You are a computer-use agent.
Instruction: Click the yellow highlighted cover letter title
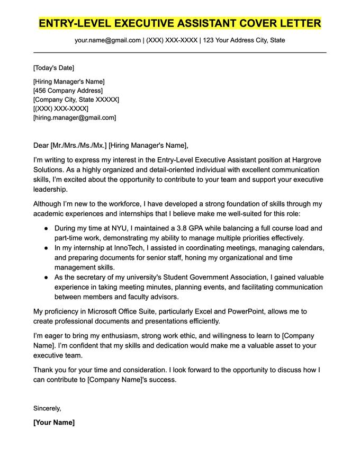click(180, 23)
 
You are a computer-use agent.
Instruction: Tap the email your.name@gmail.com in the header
click(108, 40)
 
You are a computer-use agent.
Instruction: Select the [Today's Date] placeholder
click(53, 68)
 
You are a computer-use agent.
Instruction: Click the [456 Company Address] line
click(68, 91)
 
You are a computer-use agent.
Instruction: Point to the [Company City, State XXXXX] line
click(76, 100)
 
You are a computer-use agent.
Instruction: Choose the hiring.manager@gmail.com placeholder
click(75, 118)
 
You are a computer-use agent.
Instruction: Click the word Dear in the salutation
click(41, 146)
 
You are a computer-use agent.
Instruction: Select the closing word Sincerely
click(47, 408)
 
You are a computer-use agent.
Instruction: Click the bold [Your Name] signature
click(54, 423)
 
